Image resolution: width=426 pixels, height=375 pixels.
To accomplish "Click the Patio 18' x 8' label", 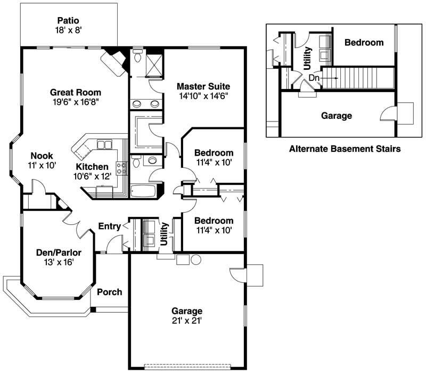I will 68,25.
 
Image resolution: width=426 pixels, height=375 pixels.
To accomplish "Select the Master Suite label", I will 204,91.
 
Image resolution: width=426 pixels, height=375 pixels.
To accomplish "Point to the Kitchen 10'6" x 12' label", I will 94,172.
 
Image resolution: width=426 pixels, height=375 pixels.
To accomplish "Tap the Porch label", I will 109,292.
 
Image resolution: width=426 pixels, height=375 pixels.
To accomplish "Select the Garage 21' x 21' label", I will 186,315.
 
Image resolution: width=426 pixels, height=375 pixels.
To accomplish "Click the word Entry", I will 109,227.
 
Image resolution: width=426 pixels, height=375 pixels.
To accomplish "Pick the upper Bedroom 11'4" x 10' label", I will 213,157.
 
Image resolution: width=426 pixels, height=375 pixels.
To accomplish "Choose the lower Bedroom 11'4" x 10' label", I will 213,225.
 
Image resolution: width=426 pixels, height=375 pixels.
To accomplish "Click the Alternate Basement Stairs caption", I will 345,149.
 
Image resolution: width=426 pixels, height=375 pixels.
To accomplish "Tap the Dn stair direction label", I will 314,78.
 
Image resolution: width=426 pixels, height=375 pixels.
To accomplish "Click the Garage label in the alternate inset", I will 337,115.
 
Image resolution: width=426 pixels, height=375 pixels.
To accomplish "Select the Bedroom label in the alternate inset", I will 364,43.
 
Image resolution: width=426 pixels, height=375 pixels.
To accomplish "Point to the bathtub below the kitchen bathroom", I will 143,191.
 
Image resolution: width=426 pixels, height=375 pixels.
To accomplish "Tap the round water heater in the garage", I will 196,260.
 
